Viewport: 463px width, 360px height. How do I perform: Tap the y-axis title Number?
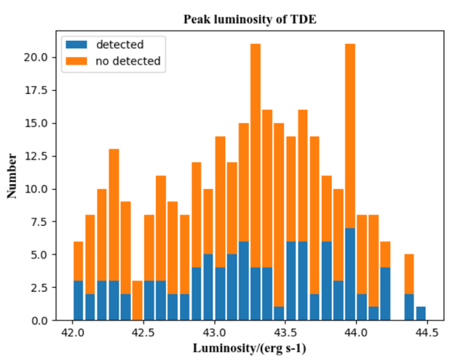tap(12, 176)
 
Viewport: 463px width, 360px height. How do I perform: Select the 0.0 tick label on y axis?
tap(41, 321)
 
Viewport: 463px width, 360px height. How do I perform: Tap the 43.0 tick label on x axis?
tap(214, 333)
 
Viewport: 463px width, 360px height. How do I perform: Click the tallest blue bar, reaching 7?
tap(349, 274)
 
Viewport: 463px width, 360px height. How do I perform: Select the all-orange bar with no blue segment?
tap(137, 300)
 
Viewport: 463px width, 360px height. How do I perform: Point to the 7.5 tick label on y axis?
tap(41, 222)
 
